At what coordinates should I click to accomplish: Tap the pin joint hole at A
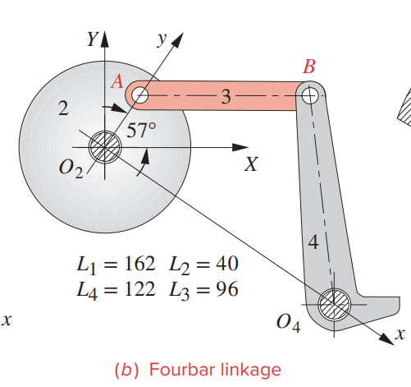click(x=140, y=95)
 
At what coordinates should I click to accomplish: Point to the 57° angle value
click(x=141, y=129)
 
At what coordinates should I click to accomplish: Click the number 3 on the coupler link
click(x=225, y=96)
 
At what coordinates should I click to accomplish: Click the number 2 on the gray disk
click(x=62, y=111)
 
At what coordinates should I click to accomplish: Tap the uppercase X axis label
click(x=252, y=164)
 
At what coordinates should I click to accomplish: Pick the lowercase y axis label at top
click(x=162, y=38)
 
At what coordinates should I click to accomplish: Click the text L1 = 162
click(x=115, y=265)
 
